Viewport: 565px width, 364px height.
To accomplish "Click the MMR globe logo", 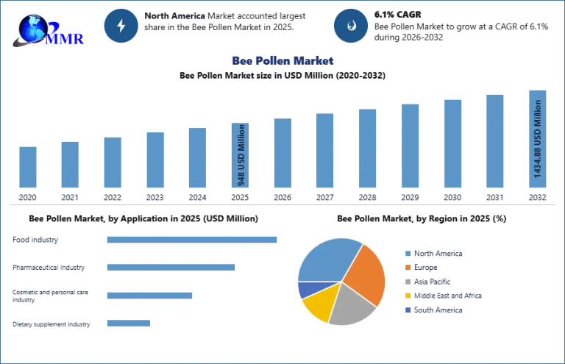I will (x=46, y=29).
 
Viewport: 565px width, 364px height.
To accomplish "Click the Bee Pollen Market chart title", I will (x=282, y=60).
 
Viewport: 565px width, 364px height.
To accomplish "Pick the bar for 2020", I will (x=27, y=167).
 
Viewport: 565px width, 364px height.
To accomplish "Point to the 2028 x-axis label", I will (x=367, y=198).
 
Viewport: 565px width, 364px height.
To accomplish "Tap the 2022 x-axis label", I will (x=112, y=198).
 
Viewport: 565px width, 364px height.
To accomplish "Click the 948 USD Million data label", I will (x=240, y=155).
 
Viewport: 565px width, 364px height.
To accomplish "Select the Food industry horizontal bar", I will (x=191, y=240).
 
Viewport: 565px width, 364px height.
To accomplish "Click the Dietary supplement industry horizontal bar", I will (x=128, y=324).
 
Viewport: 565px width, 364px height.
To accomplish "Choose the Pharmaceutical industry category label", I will (x=49, y=267).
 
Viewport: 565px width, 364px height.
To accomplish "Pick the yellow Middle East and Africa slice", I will (x=317, y=307).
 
